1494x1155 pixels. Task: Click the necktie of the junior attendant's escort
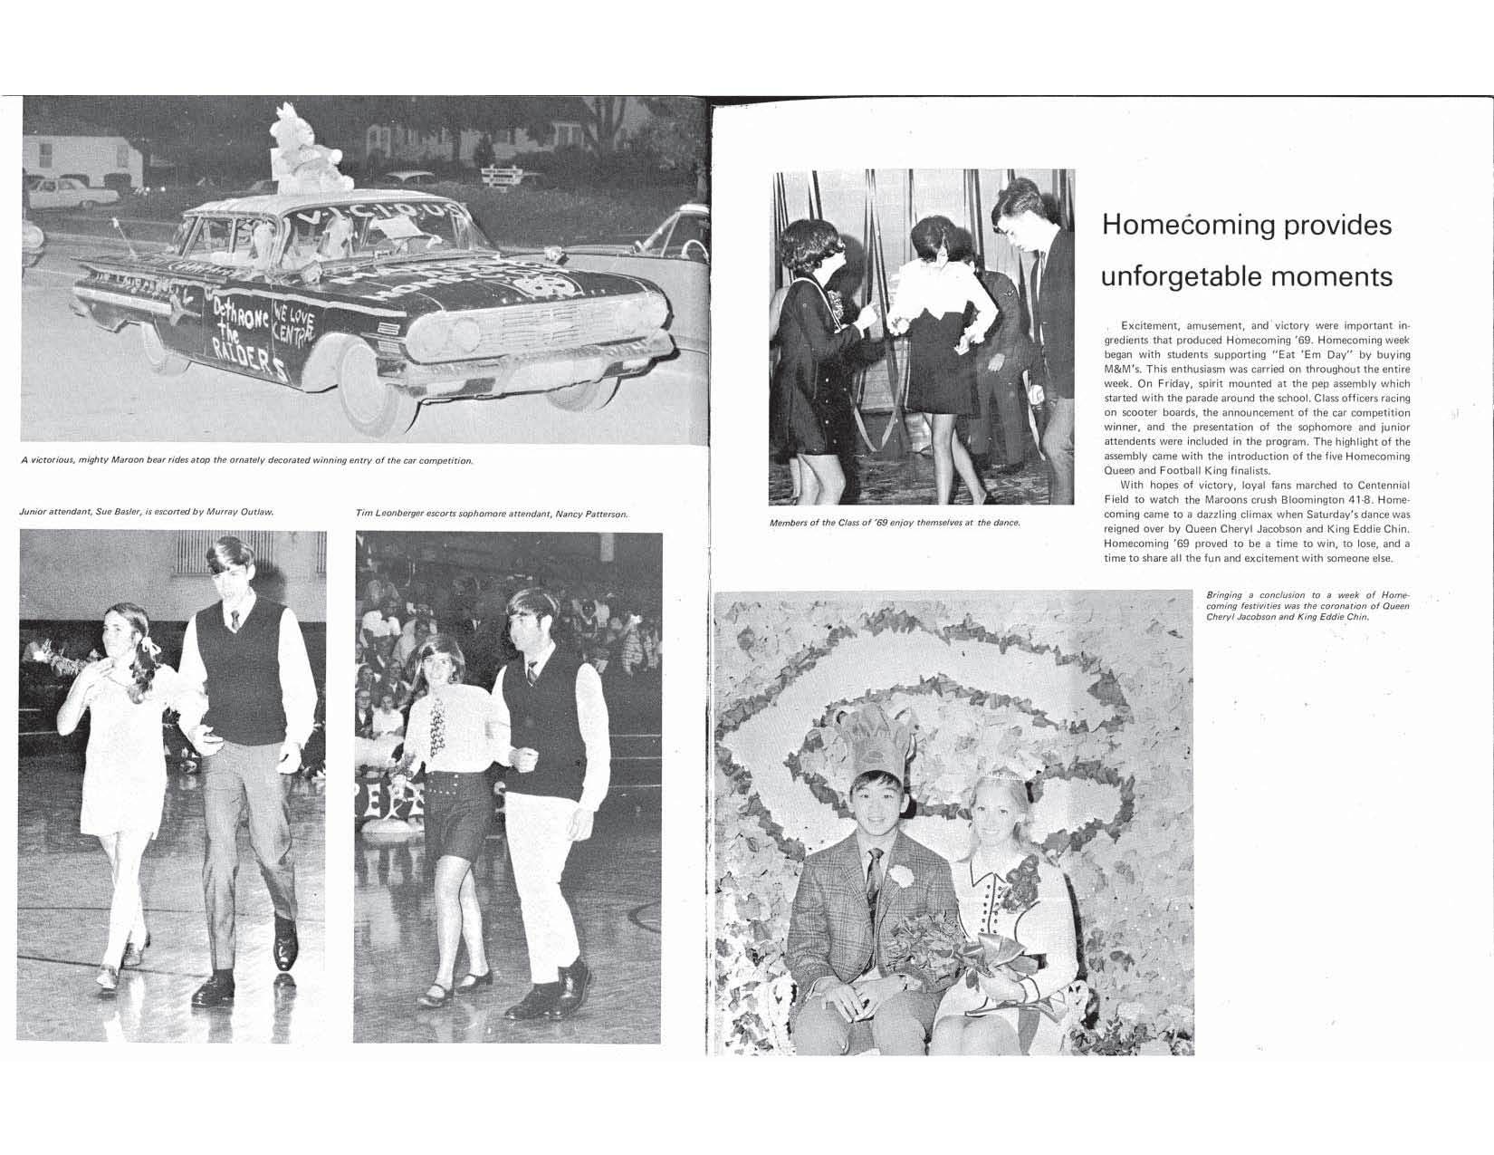pyautogui.click(x=235, y=620)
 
